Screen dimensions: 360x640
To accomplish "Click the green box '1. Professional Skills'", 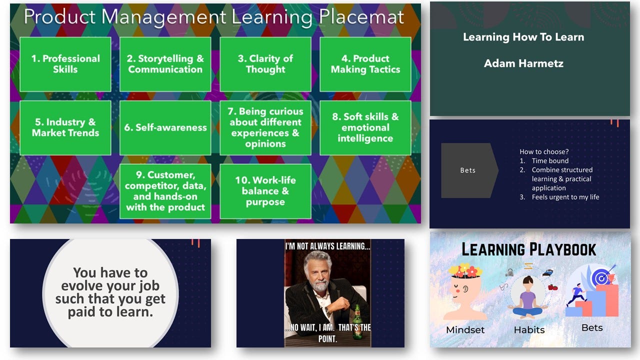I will pos(65,64).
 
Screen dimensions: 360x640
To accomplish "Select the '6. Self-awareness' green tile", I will pos(165,128).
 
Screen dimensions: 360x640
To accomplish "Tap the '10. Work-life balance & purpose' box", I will pos(265,191).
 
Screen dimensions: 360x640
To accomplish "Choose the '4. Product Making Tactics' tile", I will pos(365,64).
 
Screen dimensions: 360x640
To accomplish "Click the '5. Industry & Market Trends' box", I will pos(65,128).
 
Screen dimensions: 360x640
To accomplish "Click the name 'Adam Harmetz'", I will pos(523,63).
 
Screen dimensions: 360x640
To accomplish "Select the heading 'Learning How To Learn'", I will pos(523,37).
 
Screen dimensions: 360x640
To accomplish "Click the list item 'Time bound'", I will pos(550,161).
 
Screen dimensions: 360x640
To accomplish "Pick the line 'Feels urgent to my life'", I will pos(565,197).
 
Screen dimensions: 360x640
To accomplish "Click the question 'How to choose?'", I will pos(544,151).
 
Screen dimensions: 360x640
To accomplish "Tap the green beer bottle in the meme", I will pos(357,315).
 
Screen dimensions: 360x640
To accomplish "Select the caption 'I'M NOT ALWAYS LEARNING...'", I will pos(327,246).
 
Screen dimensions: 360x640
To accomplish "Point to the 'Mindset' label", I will pos(465,330).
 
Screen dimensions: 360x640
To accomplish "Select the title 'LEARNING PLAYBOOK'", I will pos(528,249).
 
